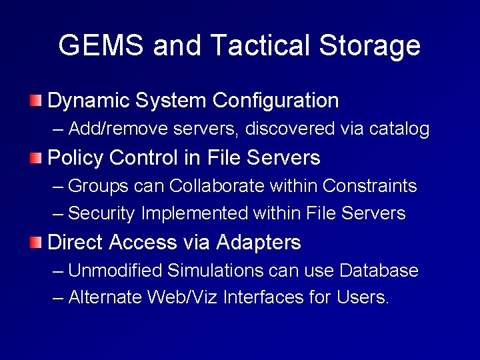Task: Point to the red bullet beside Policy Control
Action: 36,158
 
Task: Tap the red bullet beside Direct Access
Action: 36,242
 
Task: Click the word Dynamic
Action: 88,101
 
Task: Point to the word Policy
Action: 75,158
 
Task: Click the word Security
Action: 101,213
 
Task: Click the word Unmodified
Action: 115,271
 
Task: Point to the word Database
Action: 379,271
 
